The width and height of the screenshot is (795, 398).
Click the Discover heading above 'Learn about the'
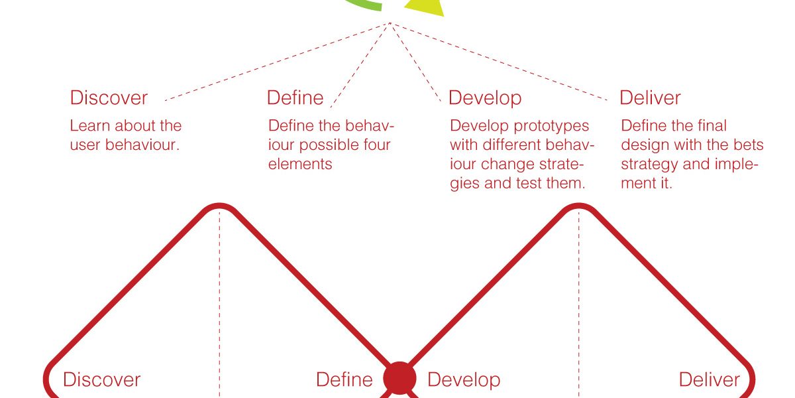click(109, 98)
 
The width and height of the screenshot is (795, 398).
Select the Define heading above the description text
click(295, 98)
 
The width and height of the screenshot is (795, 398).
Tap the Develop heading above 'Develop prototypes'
click(485, 98)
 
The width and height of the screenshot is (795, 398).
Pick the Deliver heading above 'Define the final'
click(650, 98)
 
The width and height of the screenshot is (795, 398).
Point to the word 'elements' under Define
click(300, 165)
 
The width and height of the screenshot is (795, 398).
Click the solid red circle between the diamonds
click(399, 378)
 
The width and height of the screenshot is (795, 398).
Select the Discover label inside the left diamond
click(101, 379)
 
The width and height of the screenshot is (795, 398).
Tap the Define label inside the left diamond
click(344, 379)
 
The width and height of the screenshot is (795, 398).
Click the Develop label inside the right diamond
click(464, 380)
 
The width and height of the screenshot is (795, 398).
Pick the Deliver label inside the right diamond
click(709, 379)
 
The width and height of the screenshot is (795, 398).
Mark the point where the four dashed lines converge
click(390, 23)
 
